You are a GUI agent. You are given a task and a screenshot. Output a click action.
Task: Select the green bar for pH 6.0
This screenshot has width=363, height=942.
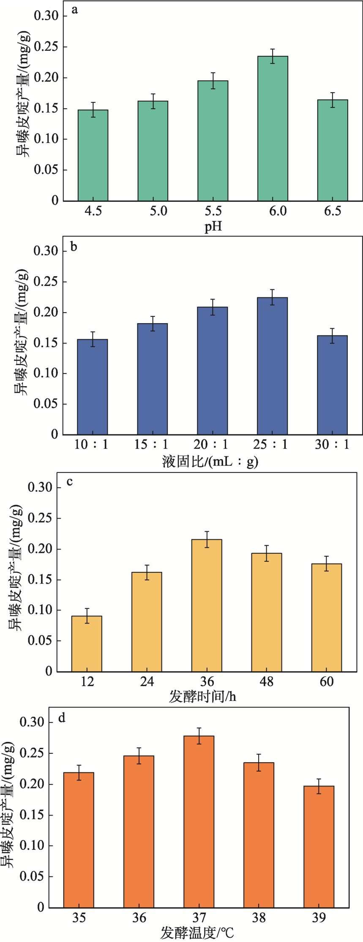pos(273,129)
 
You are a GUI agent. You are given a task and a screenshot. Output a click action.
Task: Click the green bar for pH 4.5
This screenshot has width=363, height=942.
pos(93,155)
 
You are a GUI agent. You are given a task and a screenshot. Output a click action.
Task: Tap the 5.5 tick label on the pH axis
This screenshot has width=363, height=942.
pos(213,211)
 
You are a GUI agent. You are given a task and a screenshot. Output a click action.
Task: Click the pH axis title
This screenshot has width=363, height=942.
pos(213,227)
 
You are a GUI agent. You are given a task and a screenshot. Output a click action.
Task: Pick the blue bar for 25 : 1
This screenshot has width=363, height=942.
pos(273,366)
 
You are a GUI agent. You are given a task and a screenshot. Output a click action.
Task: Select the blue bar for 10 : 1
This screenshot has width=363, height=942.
pos(93,387)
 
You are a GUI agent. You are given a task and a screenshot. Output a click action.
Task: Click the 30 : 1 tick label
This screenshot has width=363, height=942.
pos(332,445)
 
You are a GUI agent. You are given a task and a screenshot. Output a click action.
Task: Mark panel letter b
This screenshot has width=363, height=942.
pos(74,247)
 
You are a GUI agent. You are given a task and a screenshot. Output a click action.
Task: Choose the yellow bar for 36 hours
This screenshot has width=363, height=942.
pos(207,605)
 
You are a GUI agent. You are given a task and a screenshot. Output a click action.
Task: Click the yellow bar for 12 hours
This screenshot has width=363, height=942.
pos(87,643)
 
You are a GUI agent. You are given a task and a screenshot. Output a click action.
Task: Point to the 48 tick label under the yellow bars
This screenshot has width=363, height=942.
pos(267,681)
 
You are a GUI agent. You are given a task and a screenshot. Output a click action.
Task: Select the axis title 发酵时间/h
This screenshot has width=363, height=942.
pos(202,696)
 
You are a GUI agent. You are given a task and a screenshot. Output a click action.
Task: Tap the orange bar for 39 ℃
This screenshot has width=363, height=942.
pos(319,847)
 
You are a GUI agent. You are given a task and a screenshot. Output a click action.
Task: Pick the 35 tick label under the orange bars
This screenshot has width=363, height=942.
pos(79,918)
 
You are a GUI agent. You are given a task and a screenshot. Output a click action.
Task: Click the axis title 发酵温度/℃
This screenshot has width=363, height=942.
pos(197,933)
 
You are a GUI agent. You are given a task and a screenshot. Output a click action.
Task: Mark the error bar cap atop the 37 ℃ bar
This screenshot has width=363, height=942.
pos(199,728)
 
